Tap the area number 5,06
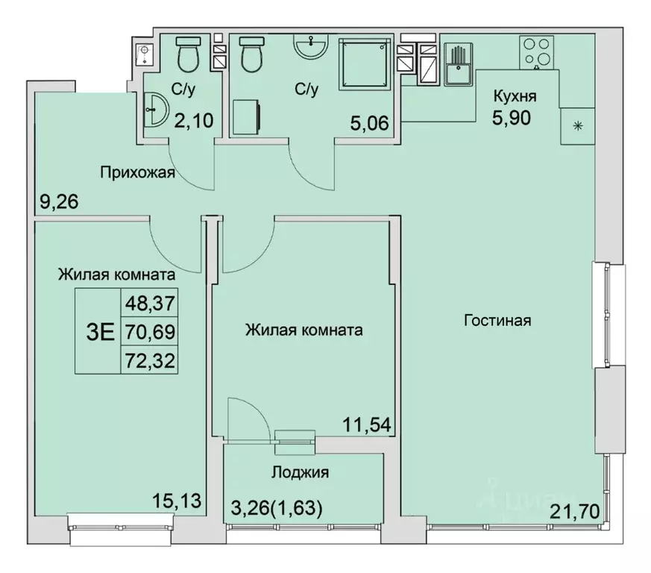click(368, 122)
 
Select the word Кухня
click(514, 96)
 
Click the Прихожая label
click(137, 174)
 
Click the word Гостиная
click(497, 320)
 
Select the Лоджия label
click(301, 472)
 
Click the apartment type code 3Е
click(101, 331)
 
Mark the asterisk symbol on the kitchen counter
click(576, 126)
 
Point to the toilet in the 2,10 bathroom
click(186, 53)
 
